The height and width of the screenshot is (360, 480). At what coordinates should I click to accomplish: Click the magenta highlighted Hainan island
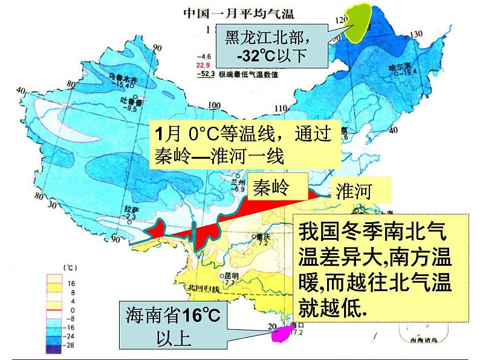point(281,334)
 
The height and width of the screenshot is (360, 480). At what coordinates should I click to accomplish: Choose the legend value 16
point(71,282)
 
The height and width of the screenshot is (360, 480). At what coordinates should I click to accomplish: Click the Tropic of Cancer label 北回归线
point(201,288)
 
